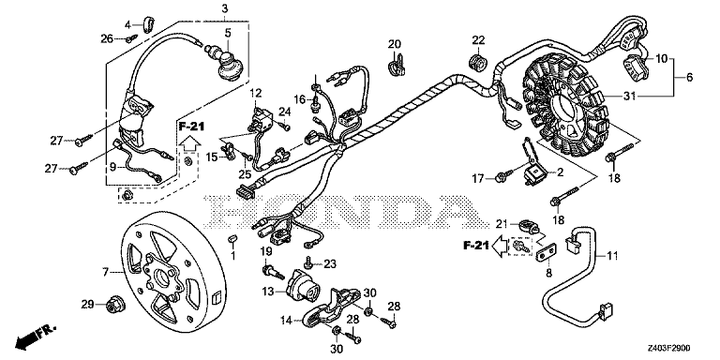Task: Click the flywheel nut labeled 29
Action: (112, 305)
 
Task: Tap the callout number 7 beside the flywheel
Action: (106, 273)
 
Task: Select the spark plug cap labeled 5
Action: (227, 63)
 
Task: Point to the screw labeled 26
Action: (132, 38)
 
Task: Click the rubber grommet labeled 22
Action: (477, 62)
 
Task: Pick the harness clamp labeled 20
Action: (397, 65)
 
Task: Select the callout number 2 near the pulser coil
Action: (560, 172)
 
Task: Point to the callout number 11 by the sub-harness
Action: (612, 254)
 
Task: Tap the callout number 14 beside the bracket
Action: (286, 321)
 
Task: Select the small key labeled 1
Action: (232, 238)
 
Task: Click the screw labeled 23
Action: (308, 262)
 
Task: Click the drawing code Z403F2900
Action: (669, 348)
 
